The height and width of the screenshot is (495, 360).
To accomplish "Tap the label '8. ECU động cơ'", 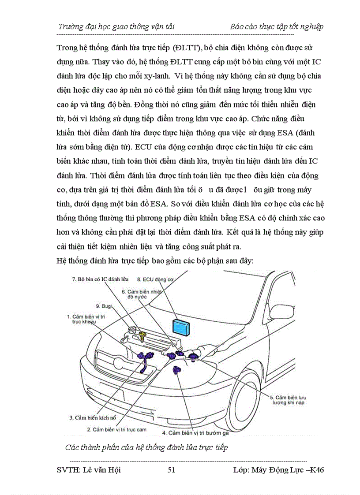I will point(155,279).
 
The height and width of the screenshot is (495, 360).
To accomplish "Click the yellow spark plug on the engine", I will point(142,337).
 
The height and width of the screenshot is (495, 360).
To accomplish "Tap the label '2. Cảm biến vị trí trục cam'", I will point(116,429).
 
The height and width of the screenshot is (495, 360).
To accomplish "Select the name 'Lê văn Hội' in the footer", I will point(101,470).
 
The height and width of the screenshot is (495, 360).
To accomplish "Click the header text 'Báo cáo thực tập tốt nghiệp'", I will point(277,26).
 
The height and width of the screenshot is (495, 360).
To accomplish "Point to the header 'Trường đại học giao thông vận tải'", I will point(116,26).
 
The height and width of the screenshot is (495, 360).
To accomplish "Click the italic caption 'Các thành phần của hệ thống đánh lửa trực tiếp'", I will point(146,448).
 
